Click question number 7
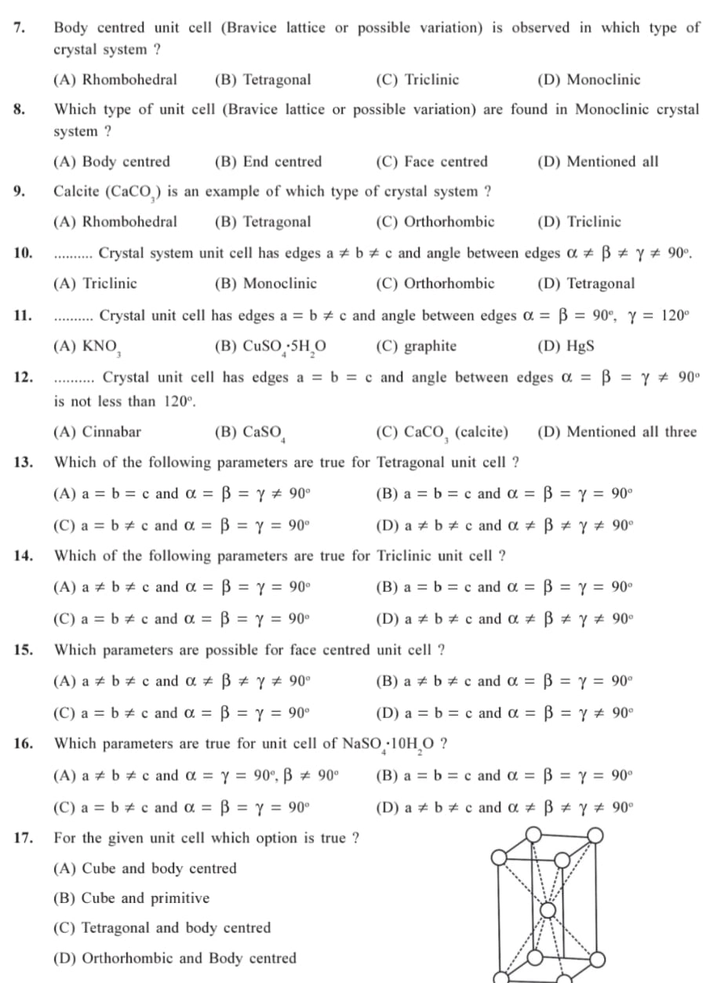click(19, 28)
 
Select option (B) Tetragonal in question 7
click(263, 80)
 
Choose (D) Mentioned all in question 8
click(598, 162)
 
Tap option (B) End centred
click(268, 162)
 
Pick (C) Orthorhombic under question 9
click(435, 222)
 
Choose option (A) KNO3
click(86, 346)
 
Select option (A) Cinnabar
click(97, 432)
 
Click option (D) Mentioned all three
click(617, 432)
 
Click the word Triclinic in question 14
click(409, 557)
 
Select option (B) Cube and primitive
click(131, 898)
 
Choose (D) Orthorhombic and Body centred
click(174, 959)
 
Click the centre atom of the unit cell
click(550, 909)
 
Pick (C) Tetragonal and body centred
click(162, 928)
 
